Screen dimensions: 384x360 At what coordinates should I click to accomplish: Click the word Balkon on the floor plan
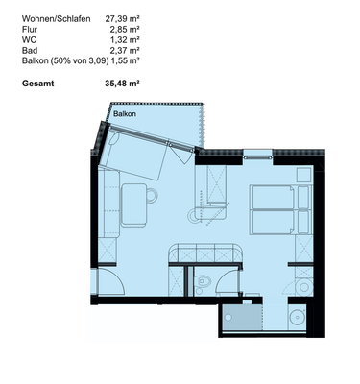(x=123, y=114)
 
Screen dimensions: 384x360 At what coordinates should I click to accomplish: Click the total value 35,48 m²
(x=122, y=84)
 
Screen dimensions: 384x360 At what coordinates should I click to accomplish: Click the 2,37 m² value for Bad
(x=125, y=50)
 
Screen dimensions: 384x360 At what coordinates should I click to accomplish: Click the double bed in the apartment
(x=281, y=209)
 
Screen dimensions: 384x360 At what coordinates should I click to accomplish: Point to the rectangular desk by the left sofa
(x=143, y=205)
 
